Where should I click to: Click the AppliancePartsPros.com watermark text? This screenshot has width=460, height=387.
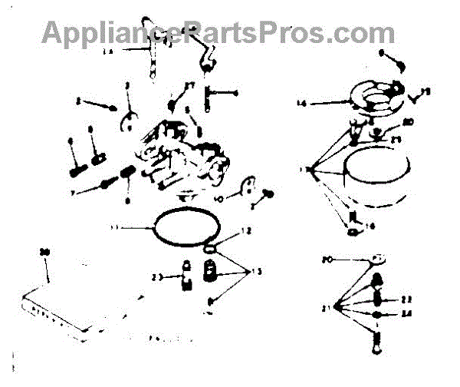(219, 32)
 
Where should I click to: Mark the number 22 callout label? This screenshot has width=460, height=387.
(406, 299)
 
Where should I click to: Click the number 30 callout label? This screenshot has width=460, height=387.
(44, 253)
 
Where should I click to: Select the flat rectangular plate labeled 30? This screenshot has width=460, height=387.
(84, 307)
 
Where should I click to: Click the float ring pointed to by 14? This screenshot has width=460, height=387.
(376, 96)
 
